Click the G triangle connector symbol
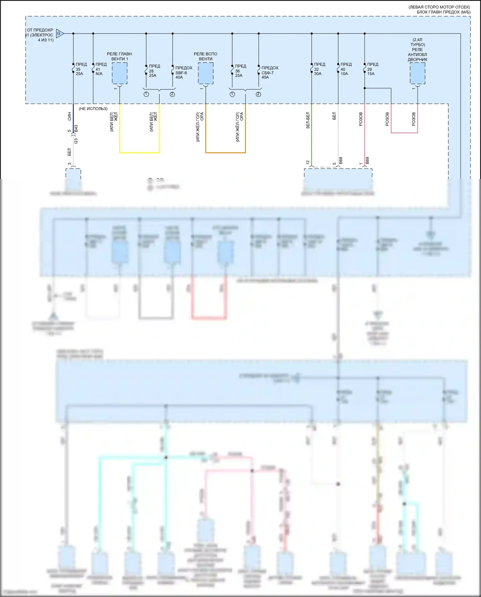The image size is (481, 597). [60, 33]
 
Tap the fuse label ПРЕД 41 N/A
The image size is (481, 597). [101, 69]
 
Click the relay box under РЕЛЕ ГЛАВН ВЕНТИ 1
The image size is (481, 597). [120, 73]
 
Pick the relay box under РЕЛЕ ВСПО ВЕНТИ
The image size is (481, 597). [206, 73]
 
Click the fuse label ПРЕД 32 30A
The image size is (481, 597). [319, 69]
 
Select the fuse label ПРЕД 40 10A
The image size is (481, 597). [345, 69]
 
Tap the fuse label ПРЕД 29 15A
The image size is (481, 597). [372, 69]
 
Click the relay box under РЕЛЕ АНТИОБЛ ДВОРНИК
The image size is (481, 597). [418, 73]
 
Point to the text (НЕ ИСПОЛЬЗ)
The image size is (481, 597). [93, 109]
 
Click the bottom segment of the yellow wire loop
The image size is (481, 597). [139, 152]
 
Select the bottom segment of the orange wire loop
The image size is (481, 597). [225, 152]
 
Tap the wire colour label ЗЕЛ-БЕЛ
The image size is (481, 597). [308, 120]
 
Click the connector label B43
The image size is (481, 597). [76, 128]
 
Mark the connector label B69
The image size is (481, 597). [367, 160]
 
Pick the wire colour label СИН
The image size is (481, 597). [70, 116]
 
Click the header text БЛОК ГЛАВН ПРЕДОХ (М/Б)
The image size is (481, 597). [443, 12]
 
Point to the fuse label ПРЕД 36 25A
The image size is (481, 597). [240, 71]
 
